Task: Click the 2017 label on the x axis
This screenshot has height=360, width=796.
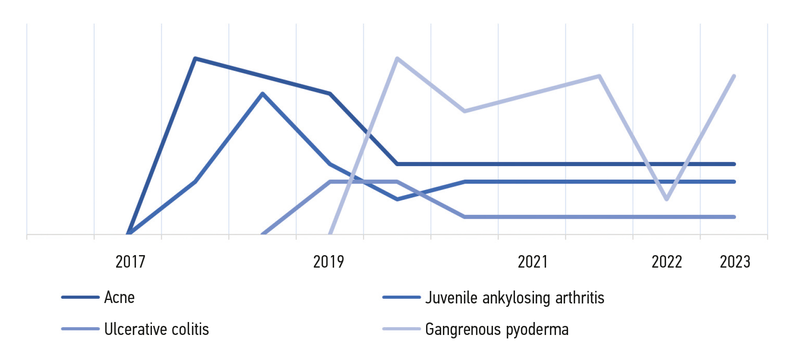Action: point(130,262)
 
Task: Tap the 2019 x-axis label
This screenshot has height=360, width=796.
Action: point(329,262)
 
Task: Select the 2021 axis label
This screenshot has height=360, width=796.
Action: point(533,262)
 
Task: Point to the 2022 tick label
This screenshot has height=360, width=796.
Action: point(666,262)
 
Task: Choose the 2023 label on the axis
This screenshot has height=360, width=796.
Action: point(735,262)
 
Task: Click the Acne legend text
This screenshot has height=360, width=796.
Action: point(120,297)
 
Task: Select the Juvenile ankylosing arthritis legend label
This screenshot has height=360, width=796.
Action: point(515,298)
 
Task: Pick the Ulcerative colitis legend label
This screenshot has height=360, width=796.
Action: point(157,329)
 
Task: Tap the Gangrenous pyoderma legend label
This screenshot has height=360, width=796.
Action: point(497,329)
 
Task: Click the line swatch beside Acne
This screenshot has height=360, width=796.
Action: point(81,297)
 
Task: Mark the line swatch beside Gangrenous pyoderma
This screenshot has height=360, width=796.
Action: point(401,329)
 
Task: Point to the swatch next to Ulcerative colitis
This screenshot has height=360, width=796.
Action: point(81,329)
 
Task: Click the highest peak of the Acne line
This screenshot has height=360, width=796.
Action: point(196,58)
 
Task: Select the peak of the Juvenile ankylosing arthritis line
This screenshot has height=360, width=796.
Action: point(262,94)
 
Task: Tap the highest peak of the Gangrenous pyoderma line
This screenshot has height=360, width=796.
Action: point(397,58)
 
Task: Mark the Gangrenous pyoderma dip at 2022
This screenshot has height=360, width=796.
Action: point(667,199)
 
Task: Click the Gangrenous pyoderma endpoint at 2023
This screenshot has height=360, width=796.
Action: point(734,76)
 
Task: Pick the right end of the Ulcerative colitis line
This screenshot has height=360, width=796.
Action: point(734,217)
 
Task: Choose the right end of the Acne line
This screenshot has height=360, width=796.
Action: point(734,164)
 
